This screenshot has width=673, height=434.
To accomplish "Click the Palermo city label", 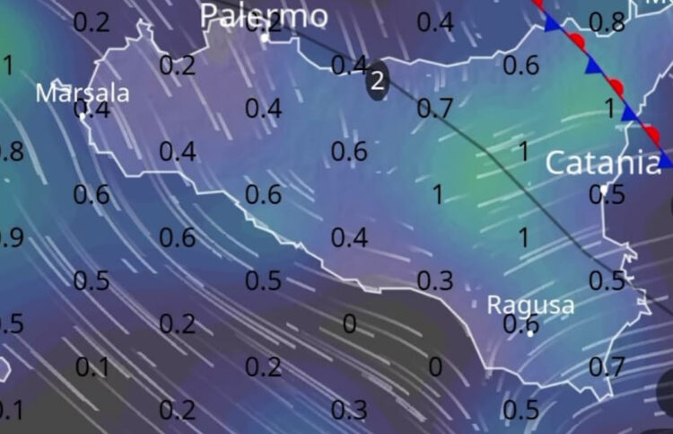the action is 264,15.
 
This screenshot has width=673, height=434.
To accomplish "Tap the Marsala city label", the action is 83,93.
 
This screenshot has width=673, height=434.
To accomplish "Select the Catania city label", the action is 602,163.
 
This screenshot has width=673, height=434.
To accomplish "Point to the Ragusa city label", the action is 530,305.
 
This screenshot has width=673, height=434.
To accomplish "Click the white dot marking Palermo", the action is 264,38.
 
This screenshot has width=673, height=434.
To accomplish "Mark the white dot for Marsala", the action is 83,114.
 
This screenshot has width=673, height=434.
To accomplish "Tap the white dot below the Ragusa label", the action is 530,332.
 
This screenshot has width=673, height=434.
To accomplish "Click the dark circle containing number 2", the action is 378,81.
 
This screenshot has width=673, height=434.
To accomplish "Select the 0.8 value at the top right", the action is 607,22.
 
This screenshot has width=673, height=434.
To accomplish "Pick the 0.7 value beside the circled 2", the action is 434,109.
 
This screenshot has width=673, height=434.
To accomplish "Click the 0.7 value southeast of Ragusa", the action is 607,366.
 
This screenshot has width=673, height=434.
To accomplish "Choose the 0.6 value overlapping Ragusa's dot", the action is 520,324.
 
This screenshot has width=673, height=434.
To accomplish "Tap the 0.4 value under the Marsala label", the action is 93,111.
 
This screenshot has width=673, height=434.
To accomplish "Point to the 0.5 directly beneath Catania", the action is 607,194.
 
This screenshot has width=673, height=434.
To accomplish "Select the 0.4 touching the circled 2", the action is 348,65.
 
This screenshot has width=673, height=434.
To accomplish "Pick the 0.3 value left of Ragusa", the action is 434,280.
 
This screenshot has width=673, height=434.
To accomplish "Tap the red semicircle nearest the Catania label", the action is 653,135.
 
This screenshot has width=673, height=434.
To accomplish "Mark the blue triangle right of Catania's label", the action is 666,160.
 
